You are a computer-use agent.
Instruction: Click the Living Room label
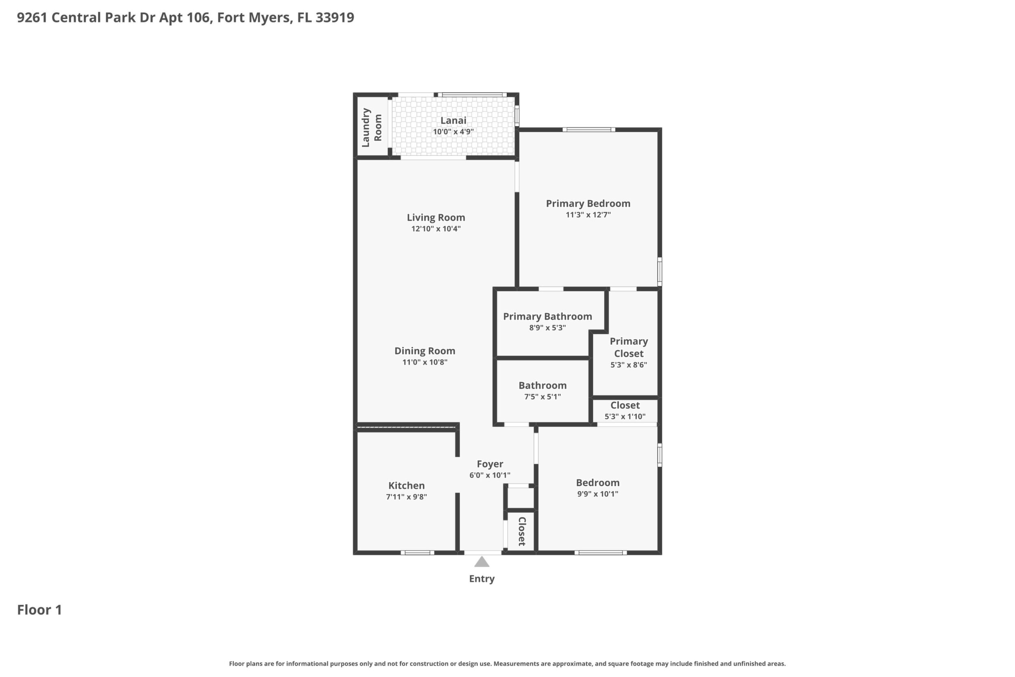coord(436,218)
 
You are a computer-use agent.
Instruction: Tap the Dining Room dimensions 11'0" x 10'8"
coord(425,362)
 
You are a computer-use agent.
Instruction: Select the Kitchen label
coord(407,485)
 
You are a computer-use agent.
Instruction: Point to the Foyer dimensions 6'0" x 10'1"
coord(490,475)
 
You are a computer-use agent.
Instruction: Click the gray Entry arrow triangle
coord(482,562)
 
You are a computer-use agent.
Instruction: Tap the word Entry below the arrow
coord(481,579)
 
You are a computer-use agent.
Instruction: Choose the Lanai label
coord(453,120)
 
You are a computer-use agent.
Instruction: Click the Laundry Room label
coord(372,127)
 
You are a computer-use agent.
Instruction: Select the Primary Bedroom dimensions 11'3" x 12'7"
coord(588,214)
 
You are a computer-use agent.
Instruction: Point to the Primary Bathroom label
coord(547,317)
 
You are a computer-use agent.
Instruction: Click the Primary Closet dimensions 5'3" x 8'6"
coord(629,365)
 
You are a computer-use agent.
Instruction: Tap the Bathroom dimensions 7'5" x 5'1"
coord(542,397)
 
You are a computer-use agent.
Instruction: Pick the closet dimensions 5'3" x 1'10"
coord(625,417)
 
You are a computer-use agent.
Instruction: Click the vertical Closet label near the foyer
coord(521,531)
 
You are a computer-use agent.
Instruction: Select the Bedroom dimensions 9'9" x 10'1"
coord(598,494)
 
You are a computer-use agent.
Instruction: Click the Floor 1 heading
coord(40,610)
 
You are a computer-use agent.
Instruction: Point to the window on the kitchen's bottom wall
coord(417,553)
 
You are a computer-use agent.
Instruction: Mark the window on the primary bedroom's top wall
coord(589,129)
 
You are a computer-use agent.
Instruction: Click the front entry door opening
coord(483,553)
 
